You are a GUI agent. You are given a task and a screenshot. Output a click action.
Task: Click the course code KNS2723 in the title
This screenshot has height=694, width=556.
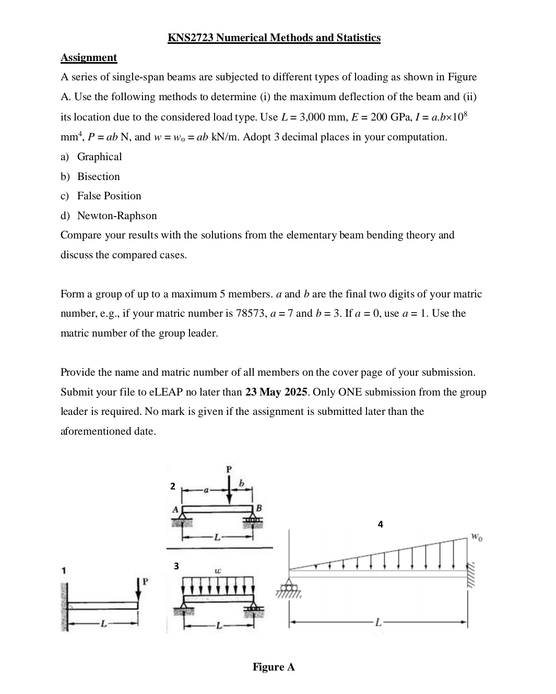pos(191,38)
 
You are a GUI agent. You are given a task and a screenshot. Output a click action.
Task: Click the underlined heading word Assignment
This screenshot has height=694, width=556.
pos(89,57)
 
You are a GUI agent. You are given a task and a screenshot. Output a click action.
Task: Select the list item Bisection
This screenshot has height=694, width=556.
pos(98,176)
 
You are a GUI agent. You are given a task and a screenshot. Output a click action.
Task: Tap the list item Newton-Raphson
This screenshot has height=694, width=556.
pos(116,216)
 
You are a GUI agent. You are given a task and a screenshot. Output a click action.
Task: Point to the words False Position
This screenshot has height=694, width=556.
pos(109,196)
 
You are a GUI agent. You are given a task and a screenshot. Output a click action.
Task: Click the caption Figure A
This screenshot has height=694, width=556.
pos(274,667)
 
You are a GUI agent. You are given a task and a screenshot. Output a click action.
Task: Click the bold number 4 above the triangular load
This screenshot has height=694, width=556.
pos(380,524)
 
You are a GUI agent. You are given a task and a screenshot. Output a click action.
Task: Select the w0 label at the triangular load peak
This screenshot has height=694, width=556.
pos(477,536)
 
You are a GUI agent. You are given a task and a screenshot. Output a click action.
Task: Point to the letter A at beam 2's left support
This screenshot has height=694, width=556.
pos(175,508)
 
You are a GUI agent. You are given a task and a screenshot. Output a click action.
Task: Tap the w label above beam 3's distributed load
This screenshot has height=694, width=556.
pos(218,571)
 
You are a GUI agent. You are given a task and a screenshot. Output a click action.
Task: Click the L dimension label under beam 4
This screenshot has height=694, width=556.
pos(379,623)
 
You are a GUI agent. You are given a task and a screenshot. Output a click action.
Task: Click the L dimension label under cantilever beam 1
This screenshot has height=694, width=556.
pos(104,623)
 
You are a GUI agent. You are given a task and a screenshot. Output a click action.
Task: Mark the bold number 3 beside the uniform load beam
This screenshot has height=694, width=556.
pos(176,566)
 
